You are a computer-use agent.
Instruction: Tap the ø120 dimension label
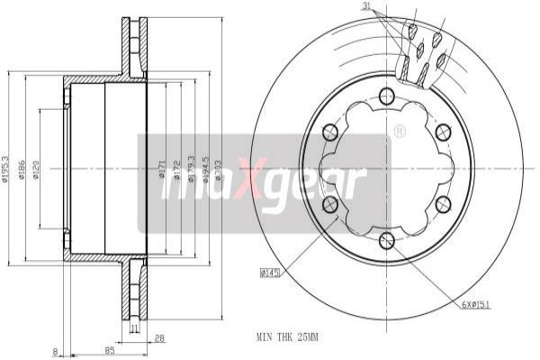tap(35, 169)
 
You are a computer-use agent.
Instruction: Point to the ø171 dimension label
tap(162, 169)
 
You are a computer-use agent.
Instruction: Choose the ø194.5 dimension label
tap(206, 169)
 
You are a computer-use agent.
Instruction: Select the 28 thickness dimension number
tap(159, 340)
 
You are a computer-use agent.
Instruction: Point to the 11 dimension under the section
tap(134, 330)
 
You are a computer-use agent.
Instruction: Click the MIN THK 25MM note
tap(287, 337)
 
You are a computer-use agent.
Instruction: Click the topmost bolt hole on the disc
tap(386, 94)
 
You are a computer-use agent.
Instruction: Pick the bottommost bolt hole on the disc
tap(386, 238)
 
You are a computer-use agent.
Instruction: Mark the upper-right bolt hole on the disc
tap(441, 131)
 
